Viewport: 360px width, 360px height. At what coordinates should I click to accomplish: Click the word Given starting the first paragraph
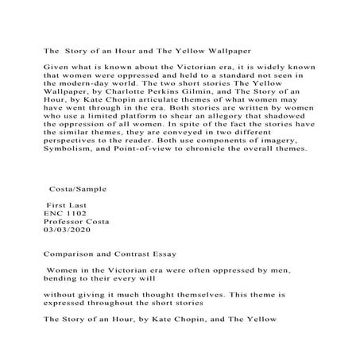(x=54, y=68)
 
